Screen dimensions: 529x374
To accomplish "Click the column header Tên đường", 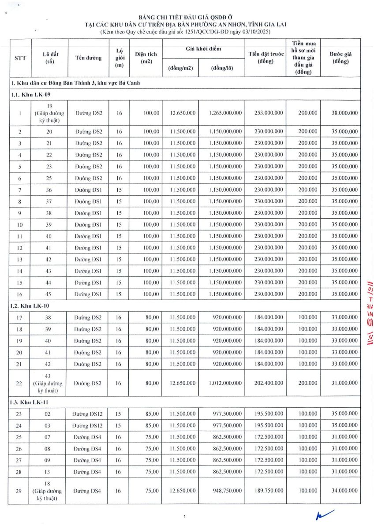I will (x=88, y=58).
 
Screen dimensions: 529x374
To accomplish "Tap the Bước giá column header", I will (x=340, y=58).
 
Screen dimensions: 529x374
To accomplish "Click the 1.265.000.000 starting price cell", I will (x=226, y=113).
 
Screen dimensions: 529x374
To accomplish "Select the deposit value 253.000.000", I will (x=269, y=113).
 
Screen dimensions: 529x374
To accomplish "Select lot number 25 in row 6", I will (x=49, y=178).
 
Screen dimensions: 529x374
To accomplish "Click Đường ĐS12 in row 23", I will (x=87, y=414).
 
